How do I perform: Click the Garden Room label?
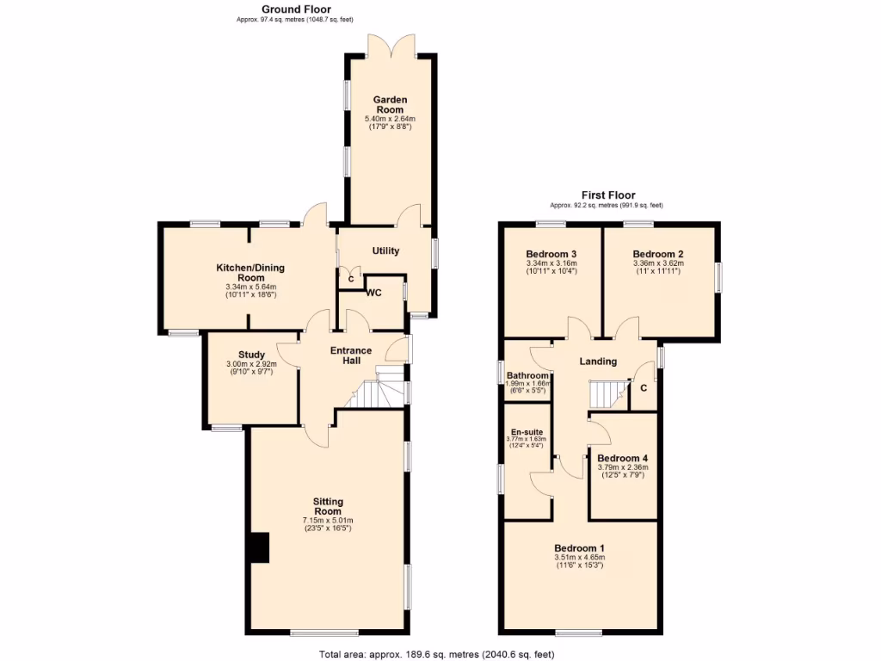390,104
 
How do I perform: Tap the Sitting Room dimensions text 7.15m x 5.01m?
328,521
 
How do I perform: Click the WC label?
373,293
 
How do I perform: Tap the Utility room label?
385,251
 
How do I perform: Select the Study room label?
252,355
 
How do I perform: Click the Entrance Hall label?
351,355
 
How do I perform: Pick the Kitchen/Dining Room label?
250,273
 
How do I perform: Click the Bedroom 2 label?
658,254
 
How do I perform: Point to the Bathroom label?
527,376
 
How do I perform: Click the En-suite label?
527,431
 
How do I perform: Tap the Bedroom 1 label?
579,548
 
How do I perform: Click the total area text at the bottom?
437,653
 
